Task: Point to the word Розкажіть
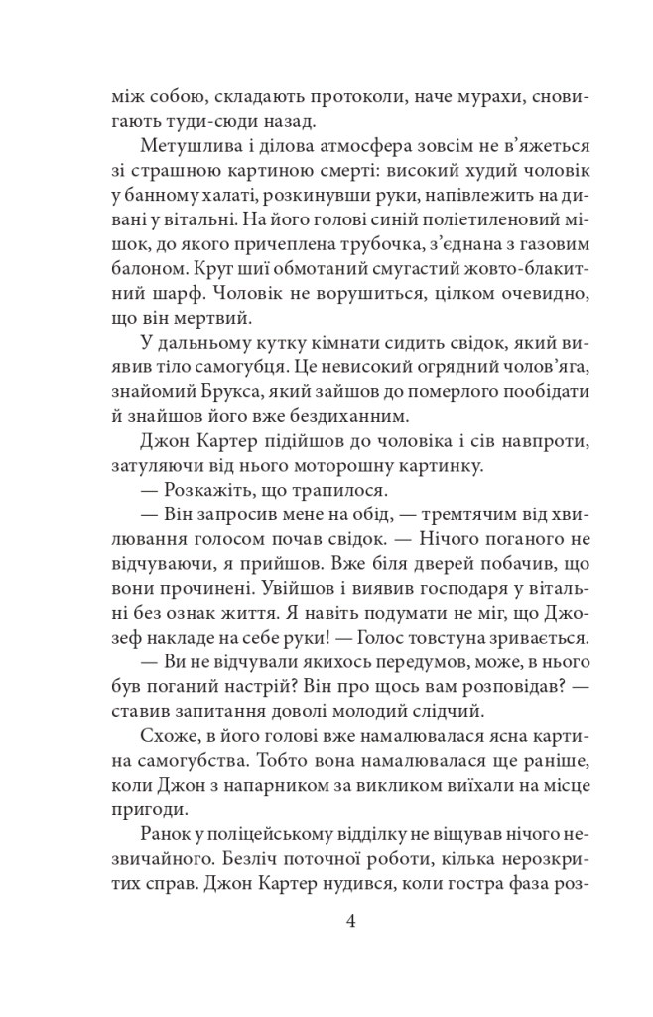point(203,489)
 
